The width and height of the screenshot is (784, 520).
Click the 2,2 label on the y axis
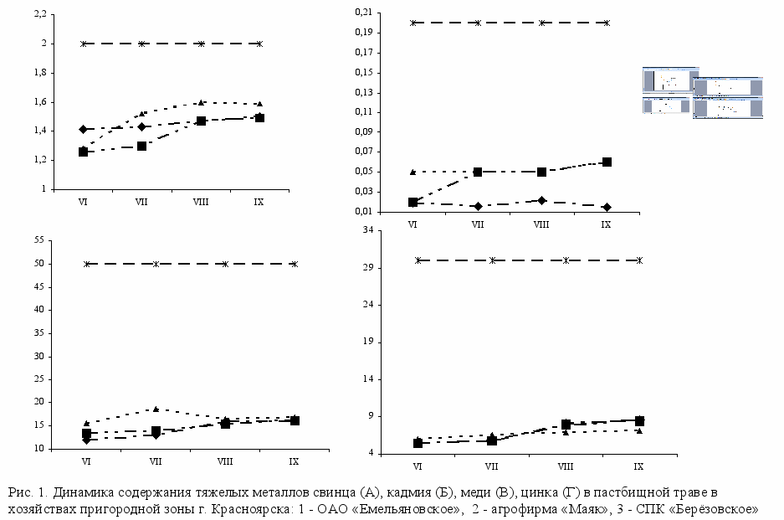point(38,14)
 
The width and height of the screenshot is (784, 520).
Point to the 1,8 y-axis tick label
point(38,73)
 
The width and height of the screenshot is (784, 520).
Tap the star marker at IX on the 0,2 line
point(607,23)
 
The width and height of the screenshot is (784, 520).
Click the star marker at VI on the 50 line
point(87,264)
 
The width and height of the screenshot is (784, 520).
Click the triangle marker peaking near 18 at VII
point(156,409)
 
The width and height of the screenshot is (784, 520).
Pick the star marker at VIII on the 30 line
point(566,260)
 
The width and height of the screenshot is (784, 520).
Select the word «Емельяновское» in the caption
point(406,507)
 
